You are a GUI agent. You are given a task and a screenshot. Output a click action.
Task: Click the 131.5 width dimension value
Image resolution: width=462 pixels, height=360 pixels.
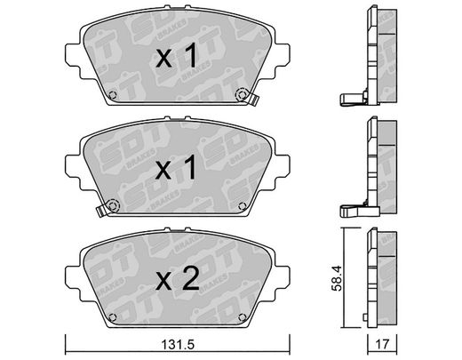pos(178,345)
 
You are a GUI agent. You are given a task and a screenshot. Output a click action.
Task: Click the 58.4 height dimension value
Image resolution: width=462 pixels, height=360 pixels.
pos(337,278)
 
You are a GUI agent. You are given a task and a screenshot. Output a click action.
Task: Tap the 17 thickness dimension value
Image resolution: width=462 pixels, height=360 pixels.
pos(382,345)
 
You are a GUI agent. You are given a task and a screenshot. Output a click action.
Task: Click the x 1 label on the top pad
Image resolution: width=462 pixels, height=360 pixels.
pos(177,55)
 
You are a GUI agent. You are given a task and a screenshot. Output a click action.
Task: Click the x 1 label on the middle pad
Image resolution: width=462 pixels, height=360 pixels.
pos(176,167)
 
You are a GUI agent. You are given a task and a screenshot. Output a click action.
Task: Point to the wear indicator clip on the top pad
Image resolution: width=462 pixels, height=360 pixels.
pos(253,99)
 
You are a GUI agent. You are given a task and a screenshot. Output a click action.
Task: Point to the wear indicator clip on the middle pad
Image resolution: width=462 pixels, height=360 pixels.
pos(101,211)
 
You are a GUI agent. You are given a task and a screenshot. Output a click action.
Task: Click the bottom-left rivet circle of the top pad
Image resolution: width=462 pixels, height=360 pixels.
pos(113,95)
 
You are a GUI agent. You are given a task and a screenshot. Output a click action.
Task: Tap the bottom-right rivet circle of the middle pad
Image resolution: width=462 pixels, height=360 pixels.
pos(243,206)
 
